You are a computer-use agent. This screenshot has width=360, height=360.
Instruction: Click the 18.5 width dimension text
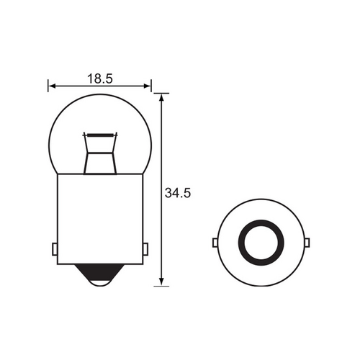[99, 78]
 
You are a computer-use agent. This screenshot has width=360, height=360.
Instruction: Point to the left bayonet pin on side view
[55, 249]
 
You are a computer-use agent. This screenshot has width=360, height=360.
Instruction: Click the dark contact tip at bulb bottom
[99, 272]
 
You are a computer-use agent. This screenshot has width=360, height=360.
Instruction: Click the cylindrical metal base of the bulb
[99, 216]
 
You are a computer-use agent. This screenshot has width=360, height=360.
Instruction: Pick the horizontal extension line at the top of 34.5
[161, 93]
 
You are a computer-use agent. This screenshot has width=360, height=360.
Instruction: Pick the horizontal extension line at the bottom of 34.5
[161, 286]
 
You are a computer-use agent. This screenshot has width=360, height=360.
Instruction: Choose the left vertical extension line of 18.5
[48, 86]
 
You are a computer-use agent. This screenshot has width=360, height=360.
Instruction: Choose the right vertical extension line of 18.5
[151, 86]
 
